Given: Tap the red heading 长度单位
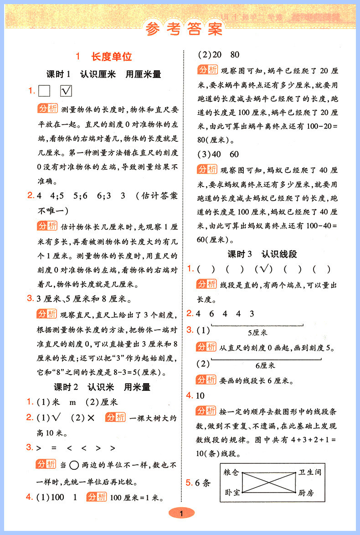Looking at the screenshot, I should [112, 57].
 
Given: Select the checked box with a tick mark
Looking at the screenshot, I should [66, 91].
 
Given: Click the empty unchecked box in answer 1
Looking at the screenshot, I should [44, 91].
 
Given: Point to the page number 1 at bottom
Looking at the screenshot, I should [181, 514].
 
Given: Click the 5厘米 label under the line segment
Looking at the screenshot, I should [257, 332].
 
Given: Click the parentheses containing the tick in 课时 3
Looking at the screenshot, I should [263, 269].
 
